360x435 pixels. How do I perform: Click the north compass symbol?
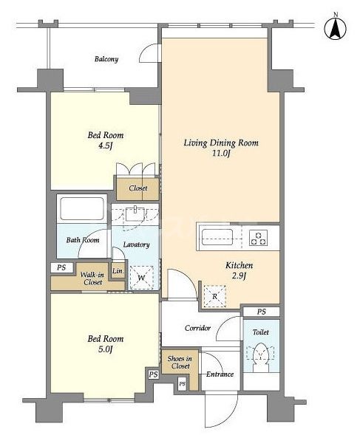coord(336,29)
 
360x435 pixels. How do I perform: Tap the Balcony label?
coord(106,59)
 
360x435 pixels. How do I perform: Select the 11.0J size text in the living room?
coord(221,153)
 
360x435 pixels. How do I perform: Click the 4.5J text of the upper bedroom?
coord(105,145)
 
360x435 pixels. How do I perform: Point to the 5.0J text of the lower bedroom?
coord(105,349)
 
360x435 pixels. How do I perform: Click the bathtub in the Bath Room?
coord(81,208)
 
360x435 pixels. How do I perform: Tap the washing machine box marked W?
coord(142,278)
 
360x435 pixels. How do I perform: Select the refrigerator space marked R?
coord(214,296)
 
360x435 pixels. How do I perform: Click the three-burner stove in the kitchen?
coord(259,238)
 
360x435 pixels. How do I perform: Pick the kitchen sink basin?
coord(217,237)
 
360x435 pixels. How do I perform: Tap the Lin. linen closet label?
coord(118,271)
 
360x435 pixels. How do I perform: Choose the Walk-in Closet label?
coord(93,278)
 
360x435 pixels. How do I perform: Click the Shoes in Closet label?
coord(180,363)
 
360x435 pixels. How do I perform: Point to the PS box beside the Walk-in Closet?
coord(61,267)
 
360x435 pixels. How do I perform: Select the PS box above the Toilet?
coord(261,312)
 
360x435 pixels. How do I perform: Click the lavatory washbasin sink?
coord(135,214)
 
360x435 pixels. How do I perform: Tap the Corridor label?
coord(197,328)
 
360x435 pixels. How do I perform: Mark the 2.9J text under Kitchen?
coord(239,276)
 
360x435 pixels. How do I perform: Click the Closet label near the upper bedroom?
coord(138,188)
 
